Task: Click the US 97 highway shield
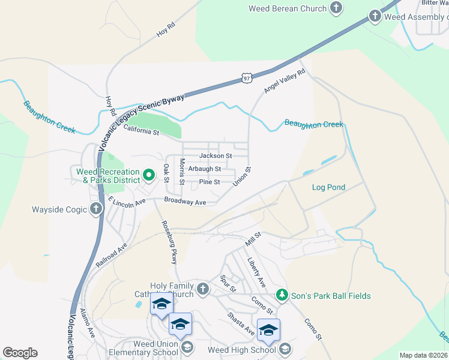click(247, 78)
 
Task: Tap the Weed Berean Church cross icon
click(337, 8)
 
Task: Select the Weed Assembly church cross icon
click(376, 16)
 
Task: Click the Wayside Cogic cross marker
click(95, 209)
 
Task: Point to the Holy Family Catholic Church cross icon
click(203, 289)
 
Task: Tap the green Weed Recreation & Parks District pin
click(149, 176)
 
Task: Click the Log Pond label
click(328, 187)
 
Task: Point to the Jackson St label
click(215, 156)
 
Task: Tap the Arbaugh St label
click(205, 169)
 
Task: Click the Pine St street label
click(209, 182)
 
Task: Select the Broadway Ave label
click(185, 202)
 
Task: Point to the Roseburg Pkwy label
click(170, 242)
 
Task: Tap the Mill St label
click(254, 239)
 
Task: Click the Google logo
click(20, 353)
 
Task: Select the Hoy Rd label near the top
click(166, 30)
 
